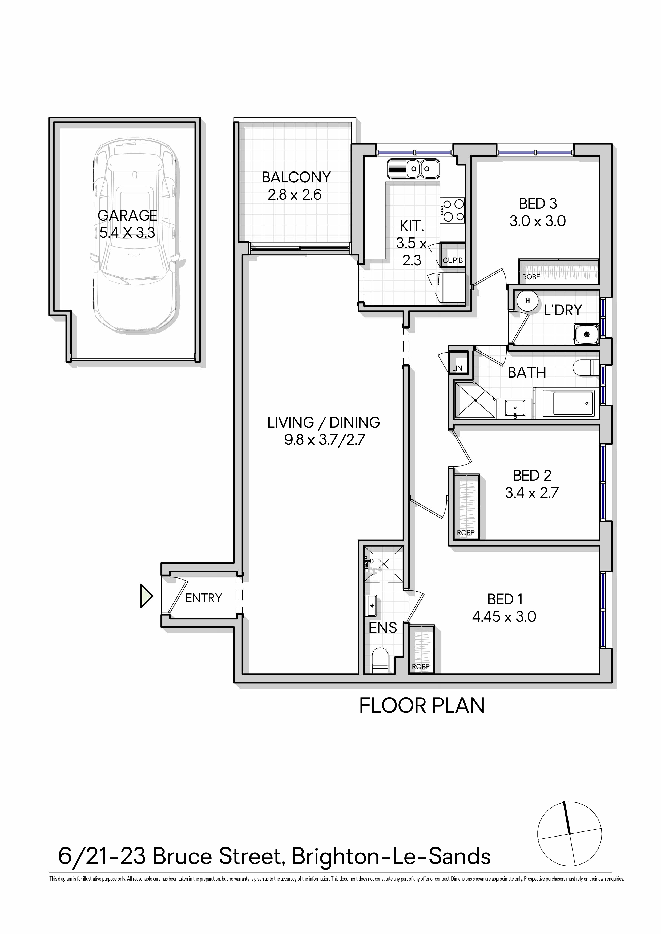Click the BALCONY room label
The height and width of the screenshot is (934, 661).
296,177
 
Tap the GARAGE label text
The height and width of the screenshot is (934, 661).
127,215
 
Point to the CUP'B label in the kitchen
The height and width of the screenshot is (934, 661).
453,260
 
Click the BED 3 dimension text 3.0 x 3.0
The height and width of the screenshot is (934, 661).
538,221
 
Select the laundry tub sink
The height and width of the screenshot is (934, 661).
586,334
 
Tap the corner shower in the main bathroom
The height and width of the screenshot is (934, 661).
475,400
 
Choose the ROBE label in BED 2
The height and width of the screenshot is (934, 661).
466,532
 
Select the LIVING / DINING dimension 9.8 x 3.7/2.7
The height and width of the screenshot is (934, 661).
324,440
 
